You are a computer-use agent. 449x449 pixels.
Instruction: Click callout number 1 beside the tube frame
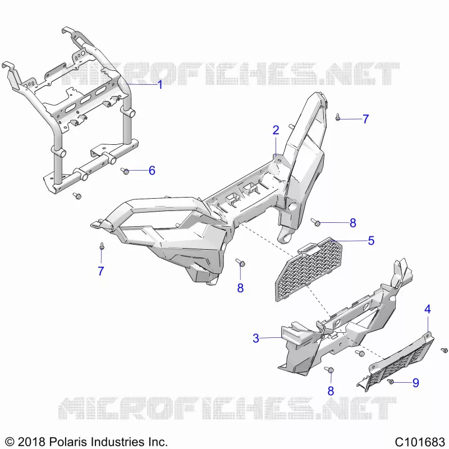tap(161, 85)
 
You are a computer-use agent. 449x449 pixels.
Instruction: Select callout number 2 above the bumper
tap(276, 130)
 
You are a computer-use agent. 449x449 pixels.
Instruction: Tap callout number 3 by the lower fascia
tap(256, 338)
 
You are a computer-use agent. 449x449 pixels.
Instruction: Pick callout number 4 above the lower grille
tap(428, 309)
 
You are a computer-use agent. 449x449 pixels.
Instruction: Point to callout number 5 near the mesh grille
tap(371, 241)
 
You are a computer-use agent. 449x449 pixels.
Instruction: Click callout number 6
tap(152, 171)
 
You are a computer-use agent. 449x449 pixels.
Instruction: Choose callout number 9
tap(416, 383)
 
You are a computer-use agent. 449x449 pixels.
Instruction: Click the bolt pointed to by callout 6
tap(125, 171)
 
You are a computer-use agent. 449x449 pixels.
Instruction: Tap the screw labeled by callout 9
tap(390, 382)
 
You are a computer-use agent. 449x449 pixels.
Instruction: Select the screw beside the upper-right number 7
tap(338, 117)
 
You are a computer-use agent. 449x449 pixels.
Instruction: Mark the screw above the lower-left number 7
tap(102, 246)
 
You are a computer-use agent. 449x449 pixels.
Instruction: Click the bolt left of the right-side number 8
tap(315, 222)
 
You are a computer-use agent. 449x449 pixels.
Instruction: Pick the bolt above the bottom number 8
tap(240, 262)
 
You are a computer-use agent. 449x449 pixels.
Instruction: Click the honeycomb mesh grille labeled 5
tap(308, 269)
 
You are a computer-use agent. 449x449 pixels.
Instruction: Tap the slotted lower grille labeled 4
tap(396, 361)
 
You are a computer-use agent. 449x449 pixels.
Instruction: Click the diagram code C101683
tap(419, 442)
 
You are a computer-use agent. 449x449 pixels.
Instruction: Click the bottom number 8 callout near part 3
tap(331, 391)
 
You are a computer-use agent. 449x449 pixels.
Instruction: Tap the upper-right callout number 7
tap(366, 119)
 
